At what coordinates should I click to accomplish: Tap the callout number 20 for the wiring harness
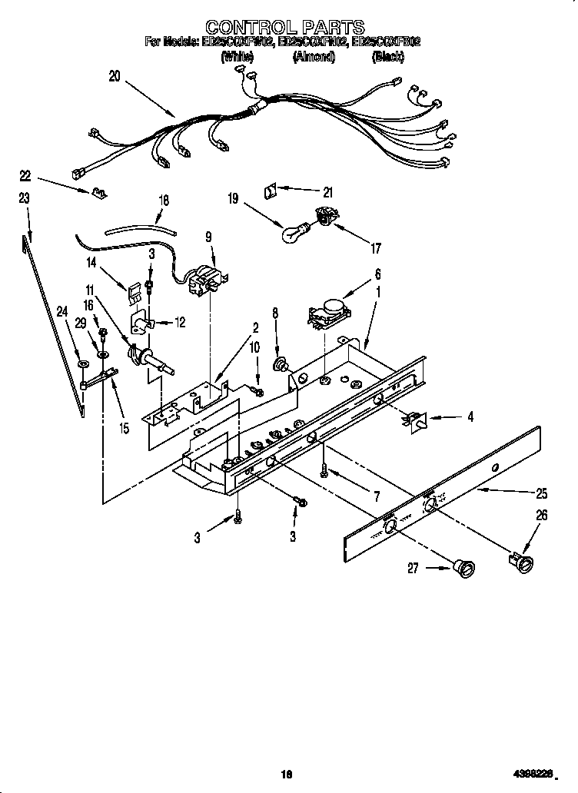(x=115, y=75)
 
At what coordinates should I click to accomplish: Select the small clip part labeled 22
(x=98, y=193)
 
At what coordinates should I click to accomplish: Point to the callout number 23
(x=25, y=198)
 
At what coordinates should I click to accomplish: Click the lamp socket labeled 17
(x=324, y=220)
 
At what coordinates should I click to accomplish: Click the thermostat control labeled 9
(x=207, y=280)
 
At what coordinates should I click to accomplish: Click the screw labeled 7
(x=326, y=466)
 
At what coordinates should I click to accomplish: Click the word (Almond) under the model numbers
(x=312, y=57)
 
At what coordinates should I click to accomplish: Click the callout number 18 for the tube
(x=163, y=201)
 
